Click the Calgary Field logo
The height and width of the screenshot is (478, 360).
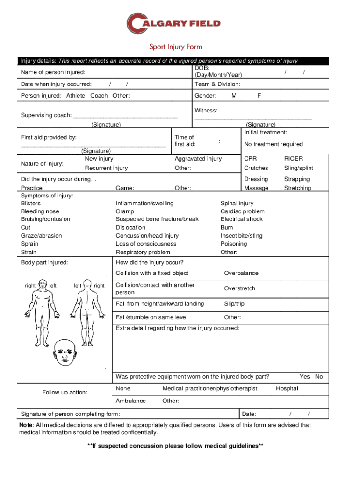[173, 23]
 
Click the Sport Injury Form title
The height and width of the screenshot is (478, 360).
[175, 47]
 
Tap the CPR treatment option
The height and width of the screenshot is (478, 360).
[250, 159]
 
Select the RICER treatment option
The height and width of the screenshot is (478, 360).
[294, 159]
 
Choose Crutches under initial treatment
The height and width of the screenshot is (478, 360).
[256, 168]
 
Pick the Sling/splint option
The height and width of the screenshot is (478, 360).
[299, 168]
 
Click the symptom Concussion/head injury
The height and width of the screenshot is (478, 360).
[147, 236]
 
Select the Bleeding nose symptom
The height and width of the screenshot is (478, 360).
[40, 211]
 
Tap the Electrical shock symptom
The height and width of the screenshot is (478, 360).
[242, 219]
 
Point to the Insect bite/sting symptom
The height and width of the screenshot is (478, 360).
[241, 236]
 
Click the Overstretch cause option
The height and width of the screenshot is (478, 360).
[239, 288]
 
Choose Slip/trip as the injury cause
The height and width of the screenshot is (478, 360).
[234, 304]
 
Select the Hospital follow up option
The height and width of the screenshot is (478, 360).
[287, 388]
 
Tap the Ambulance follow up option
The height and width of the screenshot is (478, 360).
[130, 401]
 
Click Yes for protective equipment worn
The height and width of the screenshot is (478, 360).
[304, 377]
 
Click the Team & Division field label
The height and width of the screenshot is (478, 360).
[217, 84]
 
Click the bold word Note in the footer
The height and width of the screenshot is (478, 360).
[25, 425]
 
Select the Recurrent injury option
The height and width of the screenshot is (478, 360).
[106, 168]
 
